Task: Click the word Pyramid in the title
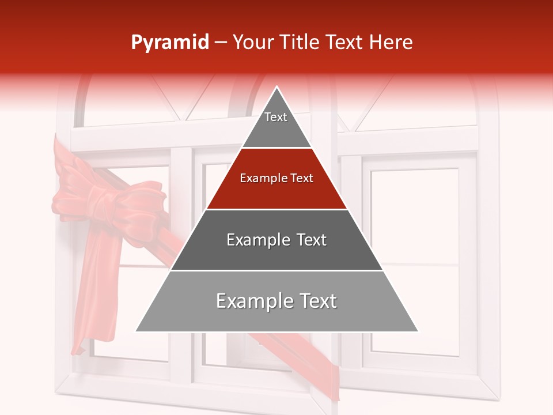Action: [169, 43]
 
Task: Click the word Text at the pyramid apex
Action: [276, 117]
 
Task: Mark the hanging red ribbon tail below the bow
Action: [92, 288]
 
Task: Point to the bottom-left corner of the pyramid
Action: [137, 331]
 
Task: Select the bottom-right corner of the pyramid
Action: [418, 331]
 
